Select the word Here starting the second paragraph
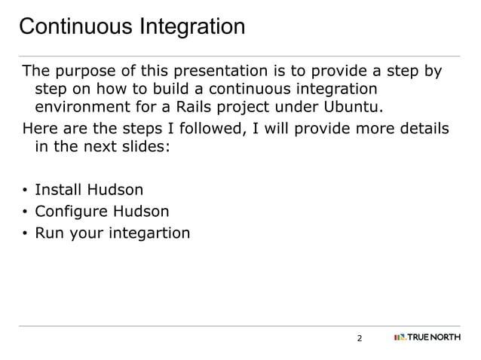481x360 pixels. point(38,129)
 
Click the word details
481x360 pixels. point(422,129)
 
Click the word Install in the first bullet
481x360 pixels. point(59,190)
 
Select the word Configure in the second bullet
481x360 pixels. point(72,212)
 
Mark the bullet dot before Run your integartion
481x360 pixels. point(25,234)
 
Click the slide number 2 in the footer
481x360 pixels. point(359,338)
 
